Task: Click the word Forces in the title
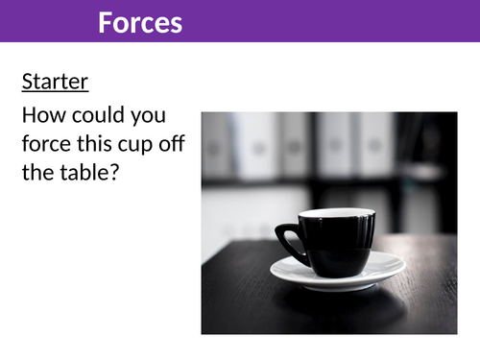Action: point(139,21)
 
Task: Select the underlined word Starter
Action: point(55,82)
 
